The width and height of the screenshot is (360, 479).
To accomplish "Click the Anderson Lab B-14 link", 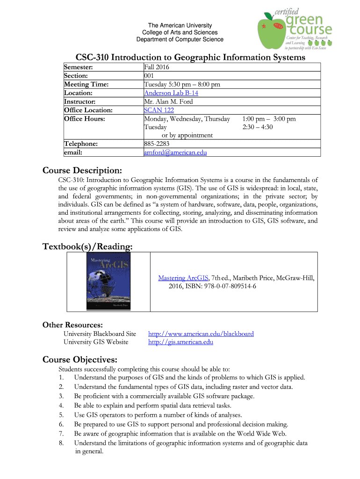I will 171,93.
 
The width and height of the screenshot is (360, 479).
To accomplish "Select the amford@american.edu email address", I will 175,152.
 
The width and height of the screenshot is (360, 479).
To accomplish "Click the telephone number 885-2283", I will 157,144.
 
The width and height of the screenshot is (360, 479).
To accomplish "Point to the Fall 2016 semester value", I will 157,67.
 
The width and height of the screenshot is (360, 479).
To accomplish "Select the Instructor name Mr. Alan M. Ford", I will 168,102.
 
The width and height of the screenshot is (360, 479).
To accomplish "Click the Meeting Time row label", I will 86,85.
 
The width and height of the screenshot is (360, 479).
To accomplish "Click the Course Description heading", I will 82,168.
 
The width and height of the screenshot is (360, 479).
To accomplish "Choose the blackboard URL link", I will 201,334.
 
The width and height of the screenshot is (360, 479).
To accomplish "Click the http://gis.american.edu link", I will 180,342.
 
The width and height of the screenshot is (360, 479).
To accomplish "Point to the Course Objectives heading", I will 80,359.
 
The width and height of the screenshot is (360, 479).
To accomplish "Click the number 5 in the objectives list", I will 61,415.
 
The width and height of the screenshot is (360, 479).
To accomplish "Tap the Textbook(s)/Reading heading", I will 87,246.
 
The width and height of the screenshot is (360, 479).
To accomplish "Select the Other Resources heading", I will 72,325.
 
